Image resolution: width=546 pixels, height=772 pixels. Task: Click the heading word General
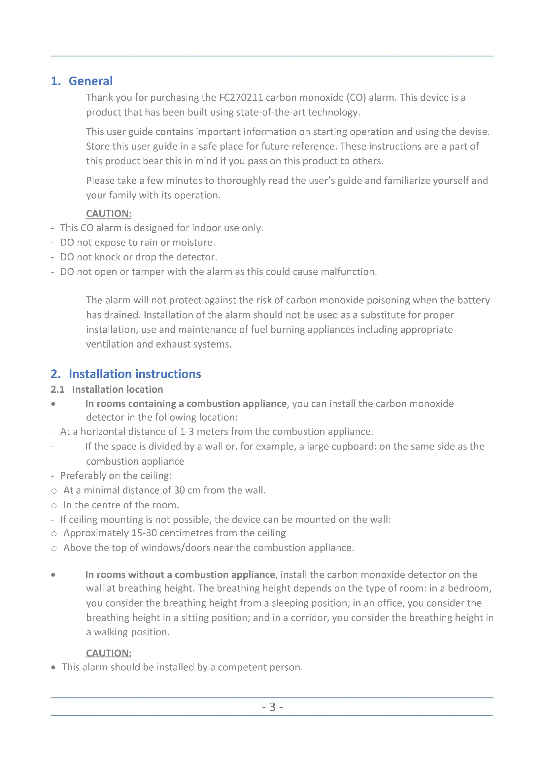click(x=90, y=81)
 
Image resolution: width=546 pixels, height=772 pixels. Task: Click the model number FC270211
click(x=241, y=97)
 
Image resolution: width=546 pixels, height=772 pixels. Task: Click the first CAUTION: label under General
click(x=109, y=214)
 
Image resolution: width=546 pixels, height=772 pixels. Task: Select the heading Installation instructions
click(x=134, y=374)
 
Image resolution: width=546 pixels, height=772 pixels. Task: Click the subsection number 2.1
click(x=57, y=389)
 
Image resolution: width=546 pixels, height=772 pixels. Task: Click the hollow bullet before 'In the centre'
click(x=54, y=506)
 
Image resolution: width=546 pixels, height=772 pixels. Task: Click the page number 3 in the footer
click(x=272, y=707)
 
